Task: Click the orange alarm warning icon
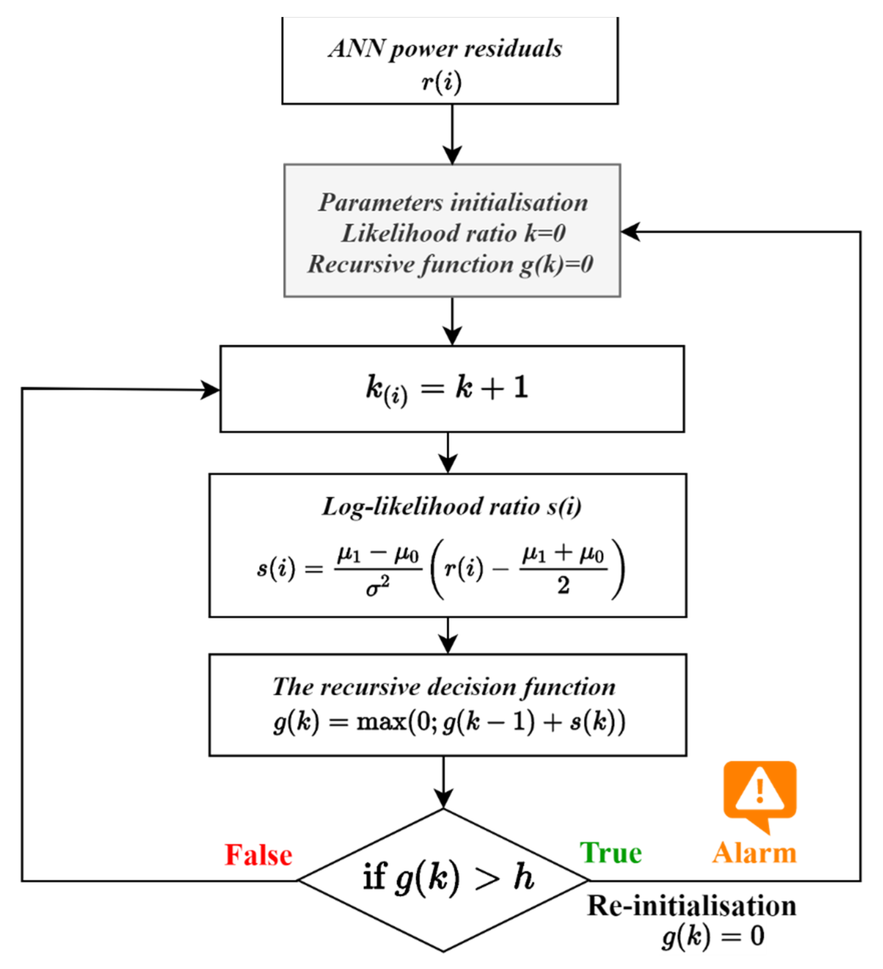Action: point(760,794)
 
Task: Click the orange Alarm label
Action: point(754,853)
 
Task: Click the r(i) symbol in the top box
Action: point(441,82)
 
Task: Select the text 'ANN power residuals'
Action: point(445,48)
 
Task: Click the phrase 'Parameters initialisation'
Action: point(453,202)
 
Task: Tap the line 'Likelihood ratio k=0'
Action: point(453,233)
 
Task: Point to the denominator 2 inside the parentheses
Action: point(563,586)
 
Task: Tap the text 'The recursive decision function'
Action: point(444,686)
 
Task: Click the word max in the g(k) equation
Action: point(381,722)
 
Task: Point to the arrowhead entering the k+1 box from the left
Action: point(210,389)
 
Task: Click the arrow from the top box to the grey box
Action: point(452,135)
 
